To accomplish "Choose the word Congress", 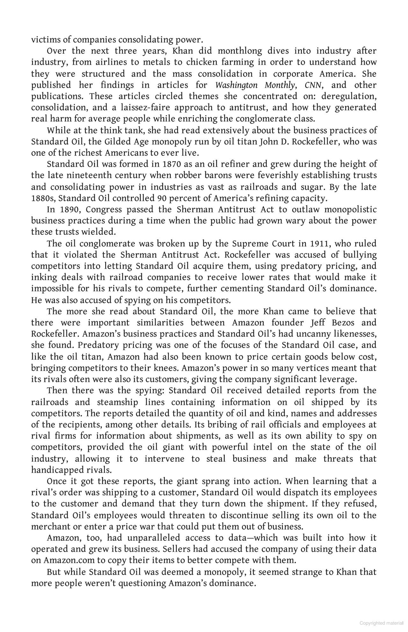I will (104, 210).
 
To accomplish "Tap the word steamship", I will (117, 402).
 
